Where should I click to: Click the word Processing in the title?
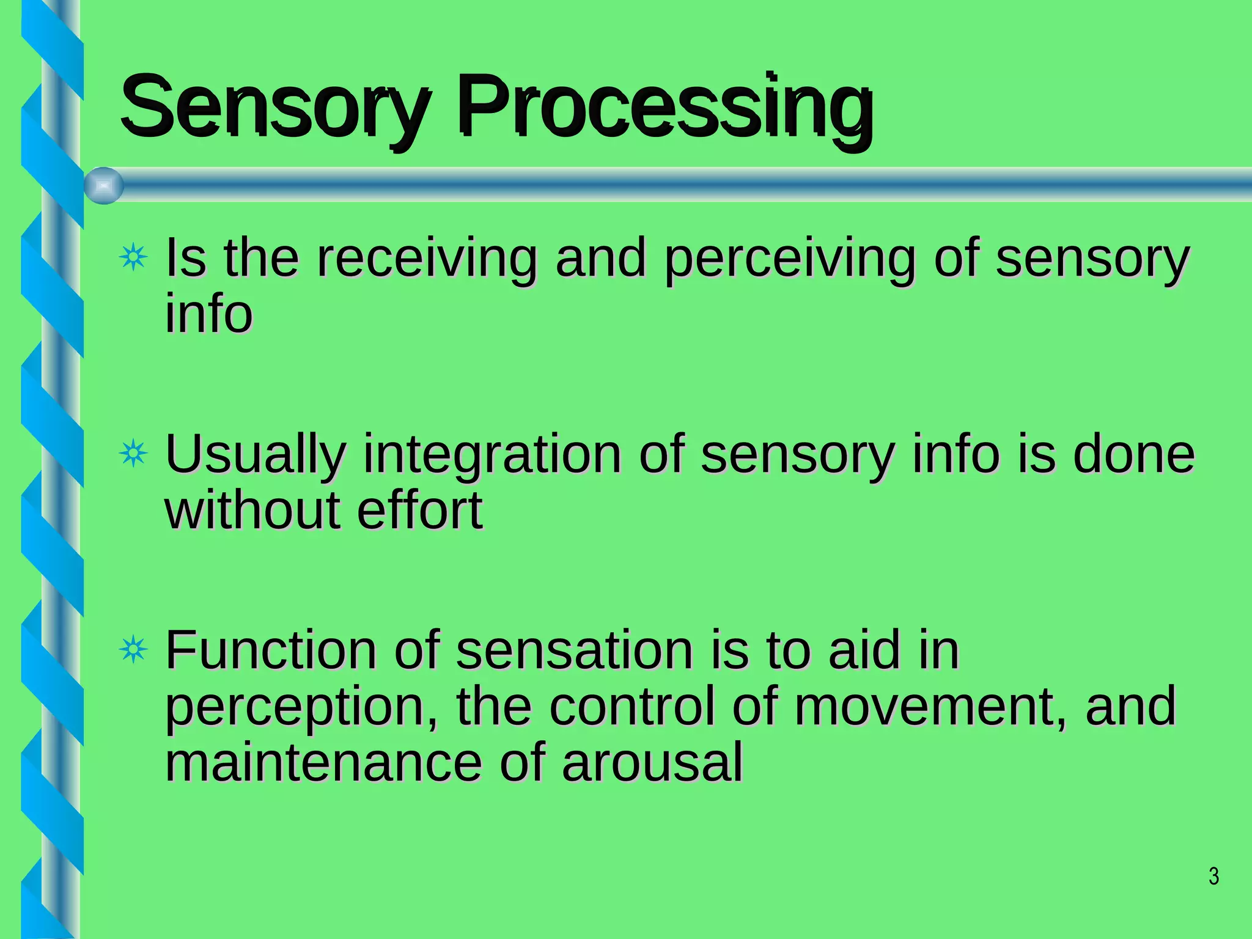coord(665,109)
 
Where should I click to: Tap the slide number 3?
coord(1213,877)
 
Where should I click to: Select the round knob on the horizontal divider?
coord(103,186)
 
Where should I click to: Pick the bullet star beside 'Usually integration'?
coord(133,454)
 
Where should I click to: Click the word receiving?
coord(427,259)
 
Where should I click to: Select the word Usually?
coord(256,455)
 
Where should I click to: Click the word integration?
coord(493,455)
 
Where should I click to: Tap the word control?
coord(632,707)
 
